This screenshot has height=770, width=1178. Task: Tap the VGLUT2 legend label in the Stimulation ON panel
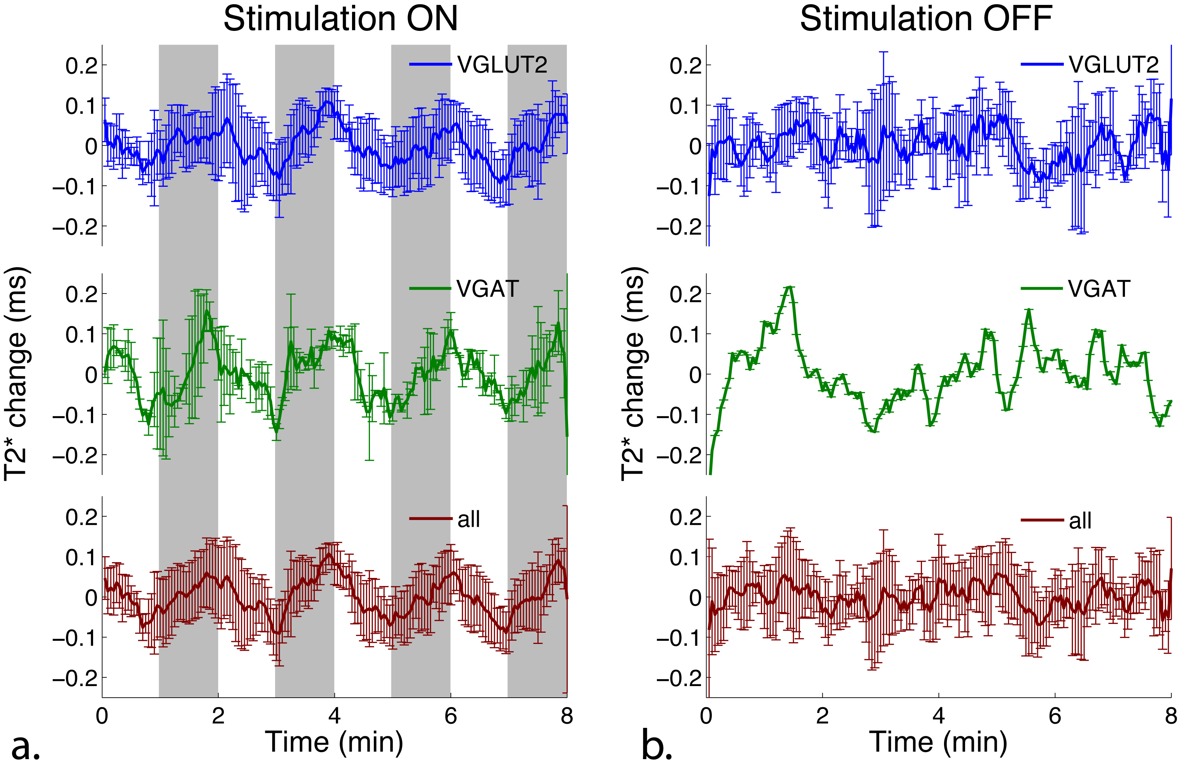coord(502,65)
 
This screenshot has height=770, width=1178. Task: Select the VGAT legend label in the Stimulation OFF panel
coord(1099,289)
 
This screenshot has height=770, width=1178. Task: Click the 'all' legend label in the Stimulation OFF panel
coord(1080,520)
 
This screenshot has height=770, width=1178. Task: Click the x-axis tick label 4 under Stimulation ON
coord(334,716)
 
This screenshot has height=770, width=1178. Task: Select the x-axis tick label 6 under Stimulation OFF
coord(1055,716)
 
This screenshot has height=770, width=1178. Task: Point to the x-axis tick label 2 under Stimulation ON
coord(218,716)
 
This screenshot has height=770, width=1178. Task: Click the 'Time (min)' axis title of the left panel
coord(334,742)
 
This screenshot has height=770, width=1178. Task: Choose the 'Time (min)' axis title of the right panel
coord(938,742)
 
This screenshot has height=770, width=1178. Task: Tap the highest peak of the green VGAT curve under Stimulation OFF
coord(789,287)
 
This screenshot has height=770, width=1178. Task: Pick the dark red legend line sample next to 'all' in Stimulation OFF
coord(1042,520)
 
